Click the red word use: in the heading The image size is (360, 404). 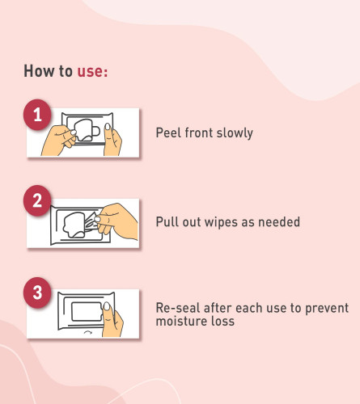coord(92,71)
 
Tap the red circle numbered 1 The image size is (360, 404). coord(37,115)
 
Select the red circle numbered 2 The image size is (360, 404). coord(37,200)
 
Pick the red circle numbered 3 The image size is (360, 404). coord(37,292)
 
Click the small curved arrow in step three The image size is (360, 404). coord(88,333)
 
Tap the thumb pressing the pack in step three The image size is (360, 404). coord(112,321)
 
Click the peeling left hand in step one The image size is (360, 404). coord(59,140)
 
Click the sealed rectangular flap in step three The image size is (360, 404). coord(87,311)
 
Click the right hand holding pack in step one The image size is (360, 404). coord(112,140)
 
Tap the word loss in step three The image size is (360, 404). coord(222,321)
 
